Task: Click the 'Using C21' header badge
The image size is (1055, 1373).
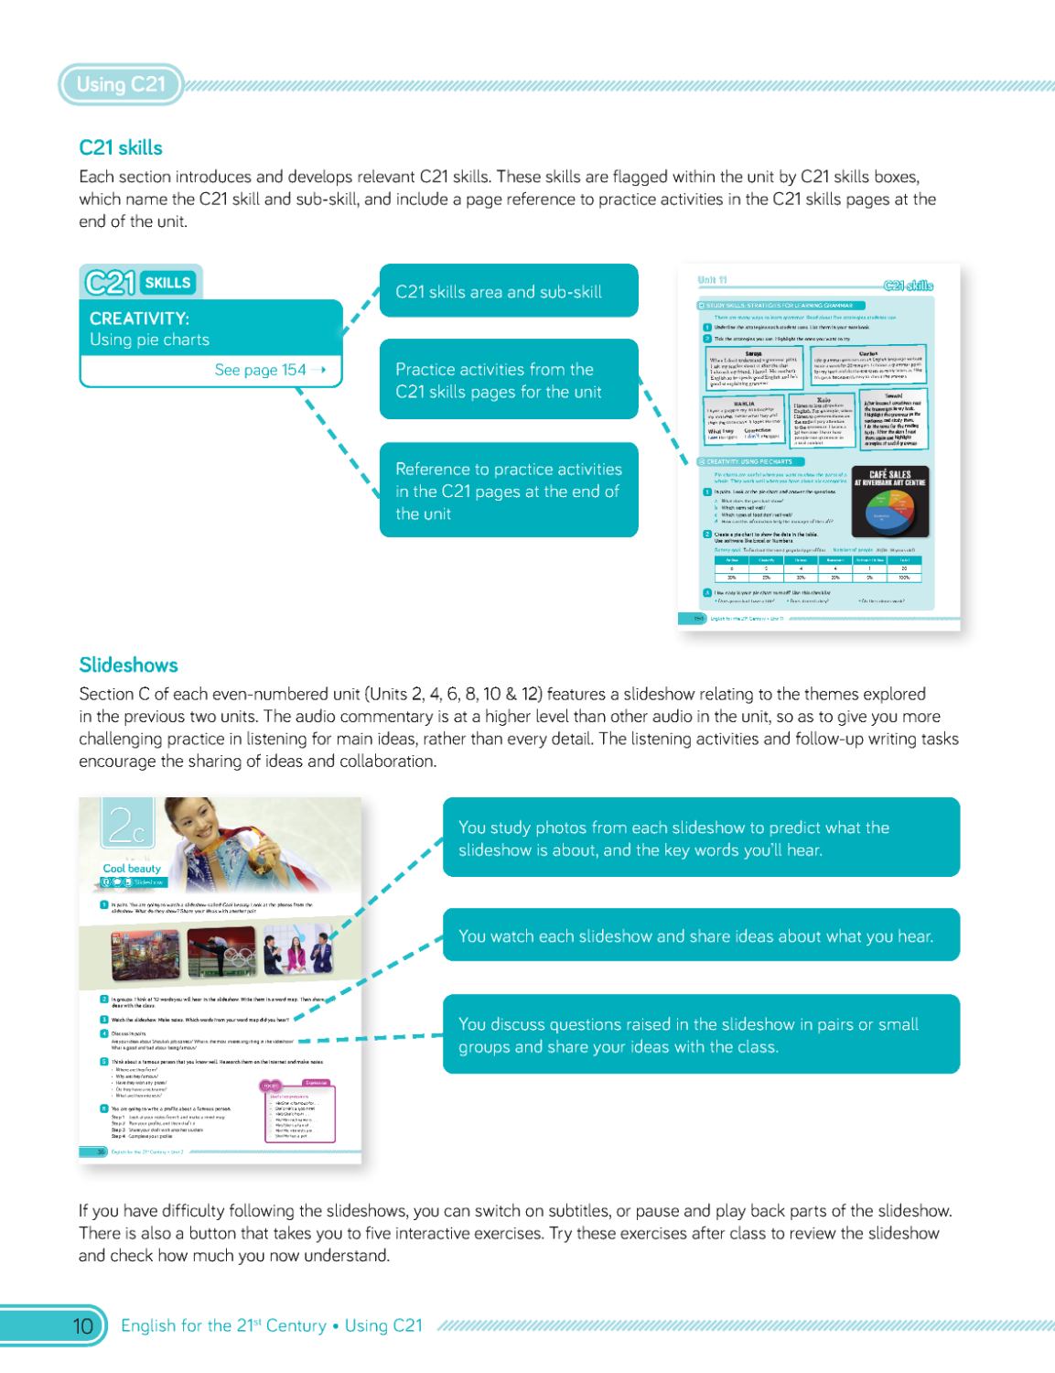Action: pos(121,84)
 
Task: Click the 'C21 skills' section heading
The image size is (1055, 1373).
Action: pos(121,148)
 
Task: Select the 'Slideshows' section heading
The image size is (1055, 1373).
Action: pos(128,665)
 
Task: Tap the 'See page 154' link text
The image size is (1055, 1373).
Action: pos(261,370)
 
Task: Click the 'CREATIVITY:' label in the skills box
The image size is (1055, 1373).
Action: pos(139,319)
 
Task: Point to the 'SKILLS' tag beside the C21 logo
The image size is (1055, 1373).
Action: pos(167,283)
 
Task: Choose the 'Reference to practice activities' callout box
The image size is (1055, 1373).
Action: pos(509,491)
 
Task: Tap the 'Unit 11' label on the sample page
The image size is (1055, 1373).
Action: pos(712,280)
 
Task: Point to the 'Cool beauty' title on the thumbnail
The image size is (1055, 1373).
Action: pos(132,868)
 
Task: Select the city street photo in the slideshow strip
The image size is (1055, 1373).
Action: pos(145,955)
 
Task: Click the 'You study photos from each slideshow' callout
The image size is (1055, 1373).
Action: pos(701,838)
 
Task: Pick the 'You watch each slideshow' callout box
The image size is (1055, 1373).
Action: pos(701,935)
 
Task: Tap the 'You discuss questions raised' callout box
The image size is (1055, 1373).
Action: pos(701,1034)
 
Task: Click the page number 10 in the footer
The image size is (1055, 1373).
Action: pos(82,1325)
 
